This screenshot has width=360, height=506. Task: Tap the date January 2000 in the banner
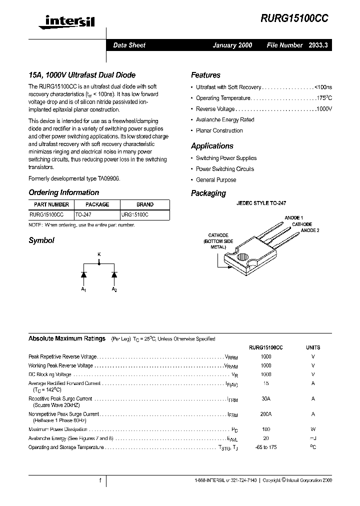(232, 45)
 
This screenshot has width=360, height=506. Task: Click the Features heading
(205, 75)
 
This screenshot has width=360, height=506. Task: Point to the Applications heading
(212, 146)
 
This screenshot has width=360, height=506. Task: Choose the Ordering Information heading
(63, 192)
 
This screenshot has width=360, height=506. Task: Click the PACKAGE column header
(97, 204)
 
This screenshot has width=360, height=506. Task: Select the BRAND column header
(145, 204)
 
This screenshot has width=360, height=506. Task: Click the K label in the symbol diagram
(98, 255)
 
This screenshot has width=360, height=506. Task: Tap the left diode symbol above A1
(83, 274)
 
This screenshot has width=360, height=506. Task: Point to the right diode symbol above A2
(114, 274)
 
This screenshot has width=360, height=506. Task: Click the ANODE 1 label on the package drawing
(293, 218)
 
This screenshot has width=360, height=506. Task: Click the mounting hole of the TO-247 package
(242, 260)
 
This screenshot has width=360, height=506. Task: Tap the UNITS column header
(313, 347)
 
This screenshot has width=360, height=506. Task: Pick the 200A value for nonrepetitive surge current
(266, 414)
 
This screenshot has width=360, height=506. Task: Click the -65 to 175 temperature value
(266, 447)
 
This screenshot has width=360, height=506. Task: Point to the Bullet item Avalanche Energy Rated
(224, 120)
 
